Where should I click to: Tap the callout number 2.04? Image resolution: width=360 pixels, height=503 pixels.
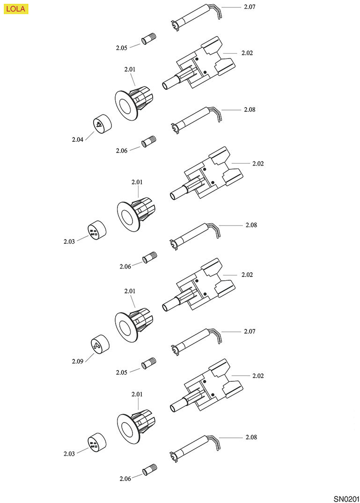point(78,139)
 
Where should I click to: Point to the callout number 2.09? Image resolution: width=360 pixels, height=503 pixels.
point(78,361)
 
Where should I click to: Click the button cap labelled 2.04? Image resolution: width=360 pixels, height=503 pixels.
point(100,124)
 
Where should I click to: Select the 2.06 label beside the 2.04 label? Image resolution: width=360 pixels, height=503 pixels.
point(122,151)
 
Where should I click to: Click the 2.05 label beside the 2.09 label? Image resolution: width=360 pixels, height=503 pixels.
point(122,372)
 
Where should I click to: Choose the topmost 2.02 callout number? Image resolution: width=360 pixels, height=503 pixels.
point(247,53)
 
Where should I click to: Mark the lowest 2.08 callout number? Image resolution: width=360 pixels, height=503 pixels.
point(251,437)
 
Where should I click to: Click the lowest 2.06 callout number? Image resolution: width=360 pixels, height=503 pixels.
point(125,479)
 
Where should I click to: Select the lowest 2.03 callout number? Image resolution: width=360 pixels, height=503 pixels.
point(69,454)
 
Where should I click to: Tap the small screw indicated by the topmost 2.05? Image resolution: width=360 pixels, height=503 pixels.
point(149,38)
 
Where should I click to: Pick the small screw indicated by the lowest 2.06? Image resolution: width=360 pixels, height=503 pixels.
point(150,468)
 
